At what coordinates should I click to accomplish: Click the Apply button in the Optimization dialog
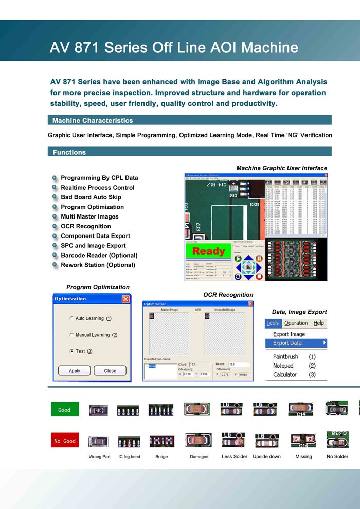tap(75, 370)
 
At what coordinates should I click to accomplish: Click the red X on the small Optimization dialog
tap(125, 299)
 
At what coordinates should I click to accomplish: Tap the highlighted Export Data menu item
tap(287, 343)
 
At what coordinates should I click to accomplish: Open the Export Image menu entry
tap(289, 334)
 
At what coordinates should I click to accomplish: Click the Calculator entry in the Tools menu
tap(285, 374)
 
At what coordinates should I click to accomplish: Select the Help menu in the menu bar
tap(319, 323)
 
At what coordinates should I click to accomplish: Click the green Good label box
tap(64, 410)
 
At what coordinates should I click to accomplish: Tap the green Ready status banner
tap(208, 251)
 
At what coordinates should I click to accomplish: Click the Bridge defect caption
tap(161, 457)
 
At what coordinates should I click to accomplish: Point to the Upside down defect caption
tap(267, 457)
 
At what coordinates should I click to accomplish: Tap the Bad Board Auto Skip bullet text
tap(91, 197)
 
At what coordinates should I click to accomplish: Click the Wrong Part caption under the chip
tap(99, 457)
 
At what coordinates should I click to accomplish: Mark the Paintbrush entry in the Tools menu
tap(285, 356)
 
